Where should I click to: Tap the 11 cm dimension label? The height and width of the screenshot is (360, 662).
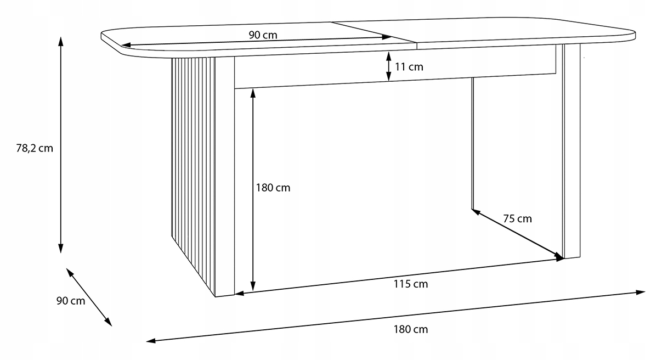409,67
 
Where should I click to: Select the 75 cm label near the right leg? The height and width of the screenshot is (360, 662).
517,218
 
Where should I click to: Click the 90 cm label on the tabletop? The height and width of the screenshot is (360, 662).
263,35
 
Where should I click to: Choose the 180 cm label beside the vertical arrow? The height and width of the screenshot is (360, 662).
273,188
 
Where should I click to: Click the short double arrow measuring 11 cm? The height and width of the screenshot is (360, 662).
389,66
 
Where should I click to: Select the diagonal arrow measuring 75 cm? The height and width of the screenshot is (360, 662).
518,234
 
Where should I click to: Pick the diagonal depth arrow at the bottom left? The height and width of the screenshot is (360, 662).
89,297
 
